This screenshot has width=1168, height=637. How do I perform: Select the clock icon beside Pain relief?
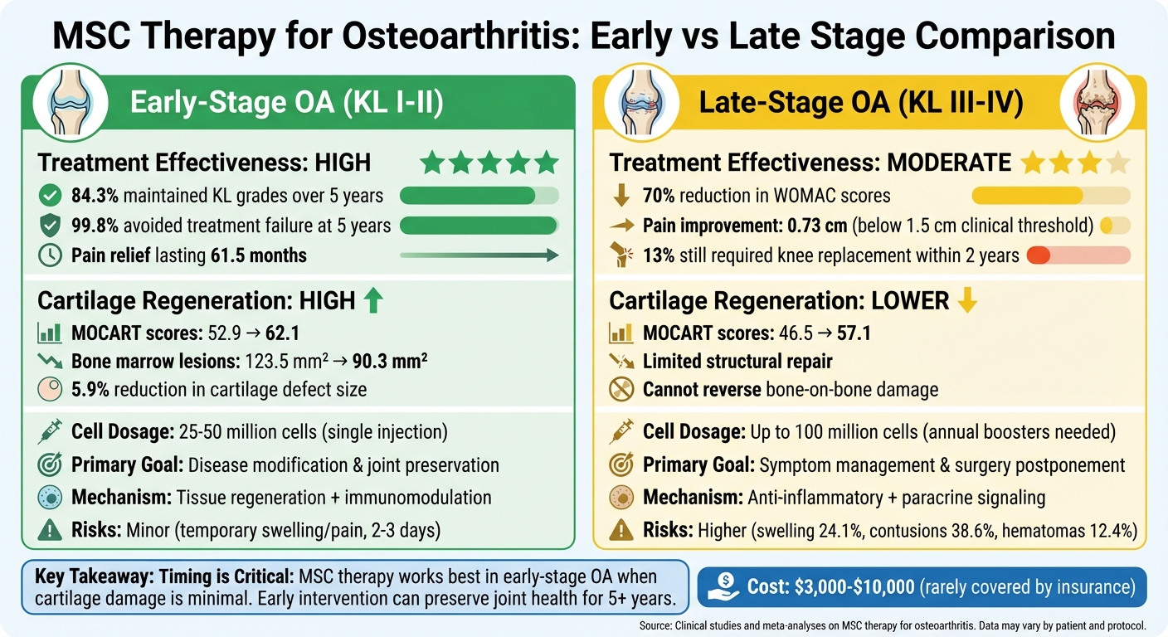coord(51,255)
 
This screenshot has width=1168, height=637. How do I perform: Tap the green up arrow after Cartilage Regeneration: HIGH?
coord(374,300)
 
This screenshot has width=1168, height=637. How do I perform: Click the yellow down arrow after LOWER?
coord(966,300)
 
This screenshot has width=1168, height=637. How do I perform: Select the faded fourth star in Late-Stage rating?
coord(1118,162)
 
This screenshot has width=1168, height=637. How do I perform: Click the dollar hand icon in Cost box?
coord(723,587)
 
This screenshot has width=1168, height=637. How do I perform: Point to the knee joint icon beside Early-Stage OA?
coord(70,103)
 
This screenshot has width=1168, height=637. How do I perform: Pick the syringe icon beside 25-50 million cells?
coord(51,432)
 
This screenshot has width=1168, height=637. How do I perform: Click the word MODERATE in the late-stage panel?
coord(948,162)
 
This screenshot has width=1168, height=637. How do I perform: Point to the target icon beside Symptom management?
coord(621,465)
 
